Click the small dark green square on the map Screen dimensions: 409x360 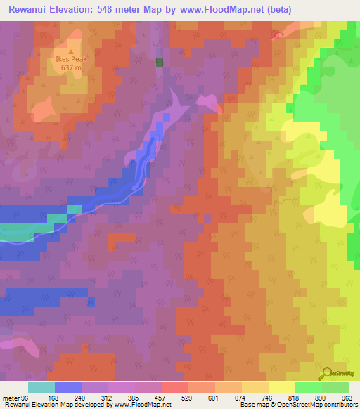(x=160, y=62)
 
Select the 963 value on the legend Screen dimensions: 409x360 (x=345, y=397)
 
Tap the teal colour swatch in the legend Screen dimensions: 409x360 (x=41, y=387)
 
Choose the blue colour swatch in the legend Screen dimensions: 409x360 (x=67, y=387)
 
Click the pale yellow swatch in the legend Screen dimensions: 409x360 (x=281, y=387)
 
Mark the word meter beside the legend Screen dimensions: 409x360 (x=10, y=397)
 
